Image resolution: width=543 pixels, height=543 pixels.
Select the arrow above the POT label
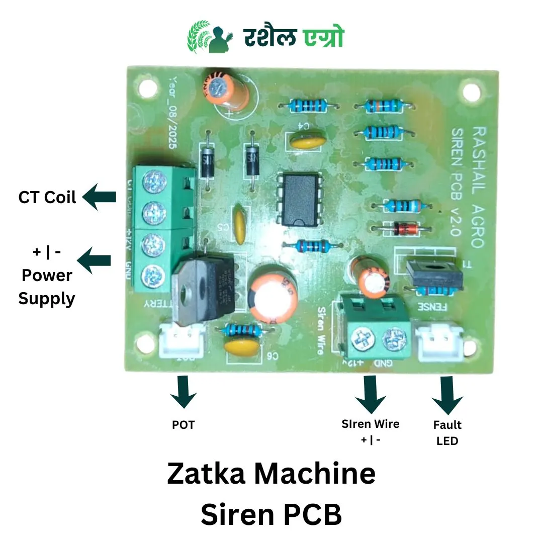(x=183, y=392)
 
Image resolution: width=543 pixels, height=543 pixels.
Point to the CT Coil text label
(x=47, y=197)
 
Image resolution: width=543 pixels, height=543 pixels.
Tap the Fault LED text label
(x=447, y=432)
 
